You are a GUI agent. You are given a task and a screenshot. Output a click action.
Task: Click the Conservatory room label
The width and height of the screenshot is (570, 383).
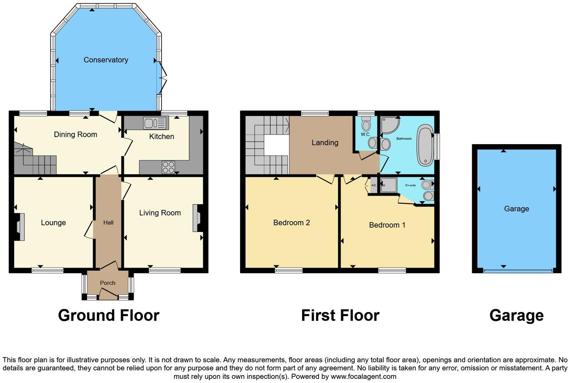[106, 60]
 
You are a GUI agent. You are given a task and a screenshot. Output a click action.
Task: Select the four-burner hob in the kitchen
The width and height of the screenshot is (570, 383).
[168, 167]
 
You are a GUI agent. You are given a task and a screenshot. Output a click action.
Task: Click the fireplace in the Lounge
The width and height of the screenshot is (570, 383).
[19, 227]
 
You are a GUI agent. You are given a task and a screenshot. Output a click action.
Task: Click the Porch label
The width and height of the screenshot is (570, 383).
[108, 283]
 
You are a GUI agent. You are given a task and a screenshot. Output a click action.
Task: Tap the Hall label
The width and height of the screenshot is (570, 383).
[108, 223]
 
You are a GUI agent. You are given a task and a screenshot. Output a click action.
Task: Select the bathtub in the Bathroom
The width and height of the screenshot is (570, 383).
[425, 145]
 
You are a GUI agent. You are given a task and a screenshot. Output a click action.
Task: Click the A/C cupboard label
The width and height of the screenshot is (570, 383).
[373, 185]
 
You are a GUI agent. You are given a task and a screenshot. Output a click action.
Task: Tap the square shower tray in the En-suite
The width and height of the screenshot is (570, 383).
[388, 185]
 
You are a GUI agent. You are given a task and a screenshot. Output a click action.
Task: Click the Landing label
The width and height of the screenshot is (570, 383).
[325, 143]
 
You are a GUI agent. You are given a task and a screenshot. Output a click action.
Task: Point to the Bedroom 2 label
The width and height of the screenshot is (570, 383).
[291, 223]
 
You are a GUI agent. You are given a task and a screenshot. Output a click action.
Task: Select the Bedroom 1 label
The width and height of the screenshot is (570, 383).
[387, 225]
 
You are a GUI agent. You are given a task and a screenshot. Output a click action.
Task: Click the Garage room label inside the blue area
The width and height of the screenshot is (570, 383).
[516, 209]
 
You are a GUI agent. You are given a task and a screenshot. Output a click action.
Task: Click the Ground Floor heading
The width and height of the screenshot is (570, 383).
[109, 315]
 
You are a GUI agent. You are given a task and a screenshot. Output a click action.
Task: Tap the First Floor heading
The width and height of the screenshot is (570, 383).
[340, 315]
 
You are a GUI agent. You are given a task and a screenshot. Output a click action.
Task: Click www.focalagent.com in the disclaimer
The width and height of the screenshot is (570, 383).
[363, 377]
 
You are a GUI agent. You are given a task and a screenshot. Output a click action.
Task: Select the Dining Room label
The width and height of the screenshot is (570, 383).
[75, 134]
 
